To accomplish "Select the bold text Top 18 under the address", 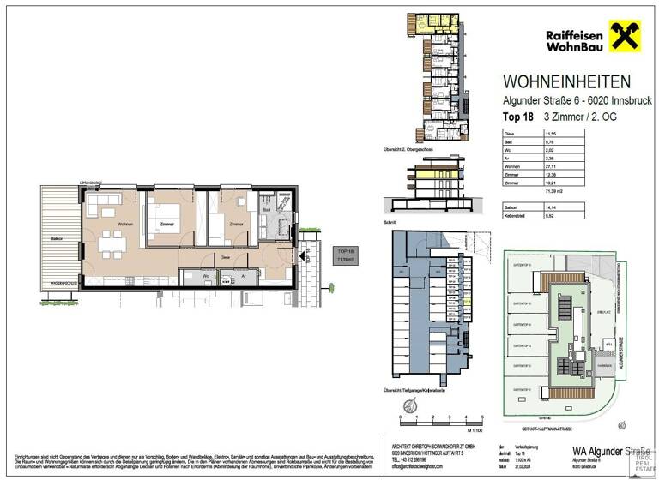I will (517, 118).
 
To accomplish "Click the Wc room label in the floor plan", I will (207, 277).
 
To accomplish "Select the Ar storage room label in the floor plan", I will (244, 277).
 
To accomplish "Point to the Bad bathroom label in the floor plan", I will (267, 209).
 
